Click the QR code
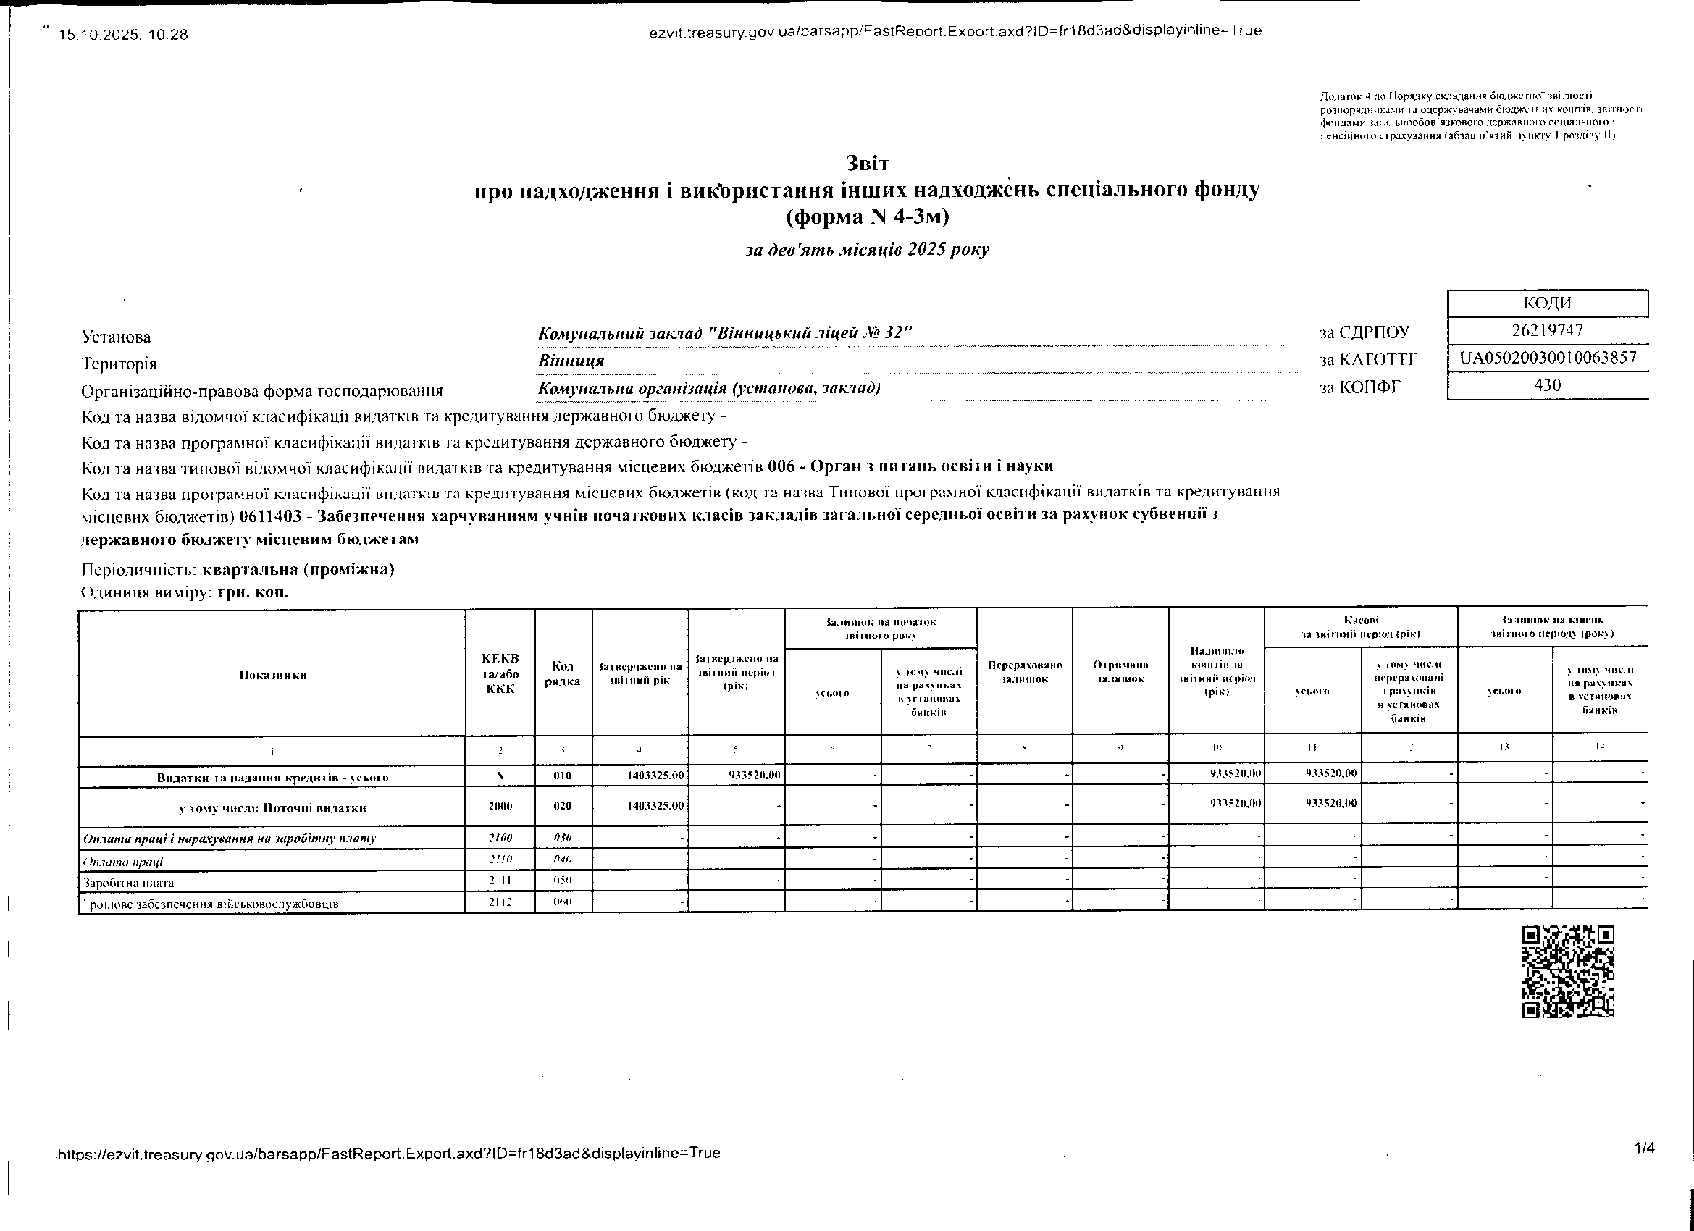tap(1567, 971)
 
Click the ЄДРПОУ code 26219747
tap(1547, 330)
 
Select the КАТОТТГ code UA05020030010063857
tap(1548, 358)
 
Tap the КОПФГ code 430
tap(1547, 385)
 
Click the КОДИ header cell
tap(1547, 303)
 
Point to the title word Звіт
tap(867, 163)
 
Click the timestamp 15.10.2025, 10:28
tap(123, 34)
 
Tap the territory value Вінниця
tap(571, 361)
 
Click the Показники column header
tap(272, 674)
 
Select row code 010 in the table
tap(563, 776)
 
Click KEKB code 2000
tap(500, 807)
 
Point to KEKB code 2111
tap(500, 881)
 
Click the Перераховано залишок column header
tap(1024, 671)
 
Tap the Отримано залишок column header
tap(1120, 671)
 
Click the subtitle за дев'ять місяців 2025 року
tap(867, 250)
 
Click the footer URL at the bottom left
tap(388, 1153)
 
